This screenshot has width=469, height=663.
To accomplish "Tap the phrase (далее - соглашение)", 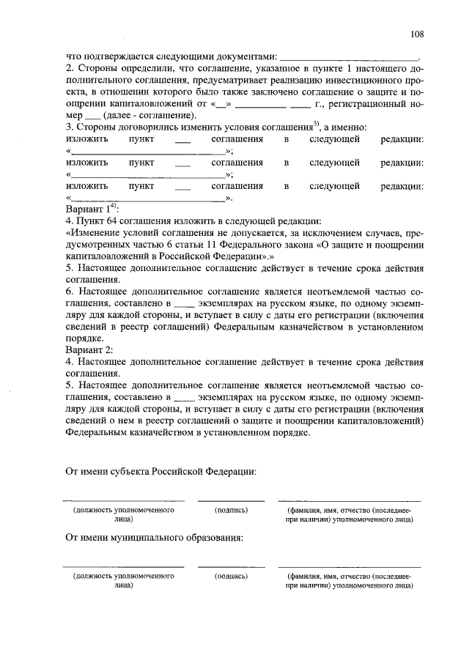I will tap(149, 115).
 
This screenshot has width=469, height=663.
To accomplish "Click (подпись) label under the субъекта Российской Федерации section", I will tap(231, 508).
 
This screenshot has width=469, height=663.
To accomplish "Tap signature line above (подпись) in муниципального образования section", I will tap(231, 567).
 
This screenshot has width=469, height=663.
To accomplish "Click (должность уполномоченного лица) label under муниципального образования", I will tap(123, 581).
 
